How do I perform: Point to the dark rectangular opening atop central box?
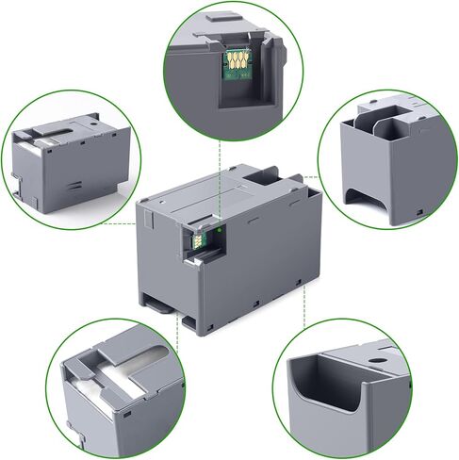[264, 173]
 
